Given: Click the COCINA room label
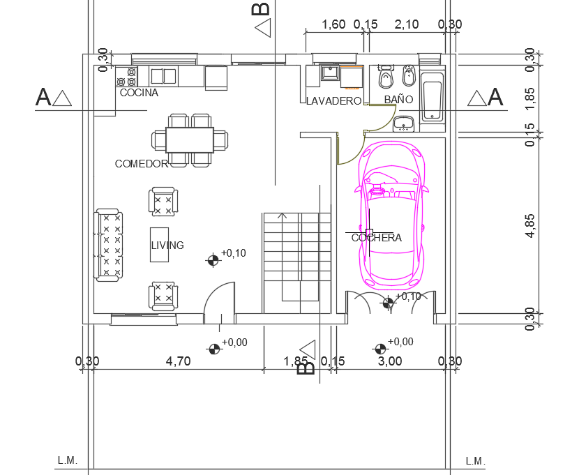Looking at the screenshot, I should click(139, 93).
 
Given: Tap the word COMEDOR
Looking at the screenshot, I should click(142, 164).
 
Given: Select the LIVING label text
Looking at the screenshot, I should click(167, 246).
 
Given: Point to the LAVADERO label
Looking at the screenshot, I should click(334, 101).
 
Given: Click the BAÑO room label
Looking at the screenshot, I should click(398, 100).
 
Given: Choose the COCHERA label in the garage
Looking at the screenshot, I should click(377, 238).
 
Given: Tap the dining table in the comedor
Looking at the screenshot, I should click(190, 140).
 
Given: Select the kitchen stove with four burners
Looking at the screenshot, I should click(126, 76).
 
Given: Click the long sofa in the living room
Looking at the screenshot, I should click(109, 245).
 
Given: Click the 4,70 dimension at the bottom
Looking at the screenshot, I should click(178, 361).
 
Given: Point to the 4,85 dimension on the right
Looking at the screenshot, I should click(532, 226).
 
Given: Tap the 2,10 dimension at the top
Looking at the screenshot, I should click(407, 24).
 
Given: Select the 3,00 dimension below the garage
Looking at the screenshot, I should click(390, 361).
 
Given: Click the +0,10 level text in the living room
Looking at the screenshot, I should click(234, 253).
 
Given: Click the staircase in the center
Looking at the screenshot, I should click(296, 262).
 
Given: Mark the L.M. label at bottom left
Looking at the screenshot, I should click(67, 461).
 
